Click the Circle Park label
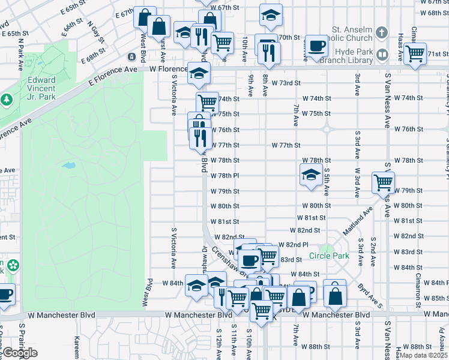(329, 256)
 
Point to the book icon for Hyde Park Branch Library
(382, 56)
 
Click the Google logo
(20, 353)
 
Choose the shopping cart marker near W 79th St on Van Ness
(382, 181)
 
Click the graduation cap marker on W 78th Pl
(310, 175)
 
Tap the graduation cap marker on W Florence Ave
(198, 73)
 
